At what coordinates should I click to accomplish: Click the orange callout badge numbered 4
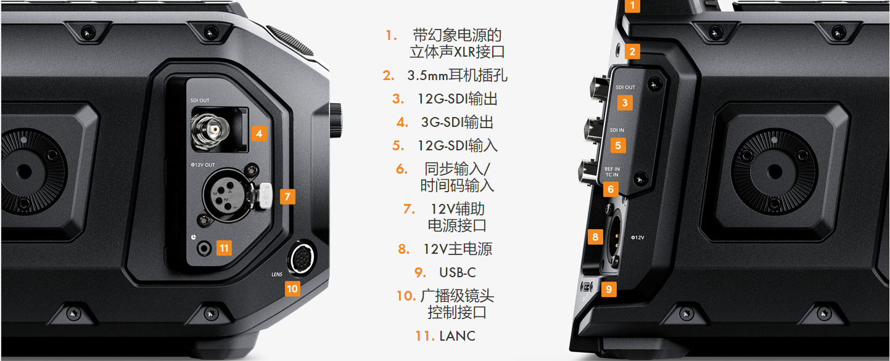[259, 134]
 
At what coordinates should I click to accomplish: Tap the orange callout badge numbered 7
[287, 197]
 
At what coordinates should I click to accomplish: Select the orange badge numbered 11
[224, 248]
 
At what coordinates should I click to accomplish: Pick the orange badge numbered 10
[292, 289]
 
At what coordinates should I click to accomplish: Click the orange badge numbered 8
[595, 237]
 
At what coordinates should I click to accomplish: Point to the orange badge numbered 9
[609, 289]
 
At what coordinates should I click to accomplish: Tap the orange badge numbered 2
[632, 52]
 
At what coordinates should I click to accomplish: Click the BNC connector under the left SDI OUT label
[210, 130]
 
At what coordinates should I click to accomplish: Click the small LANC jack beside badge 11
[204, 249]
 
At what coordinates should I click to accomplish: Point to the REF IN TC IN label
[612, 172]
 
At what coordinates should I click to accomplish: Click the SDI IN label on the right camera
[617, 130]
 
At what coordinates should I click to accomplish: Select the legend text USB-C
[457, 272]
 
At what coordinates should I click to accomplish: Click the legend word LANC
[457, 336]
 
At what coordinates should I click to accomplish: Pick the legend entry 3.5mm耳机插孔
[457, 75]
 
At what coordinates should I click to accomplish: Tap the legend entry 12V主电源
[457, 249]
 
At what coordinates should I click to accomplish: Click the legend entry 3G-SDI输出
[457, 122]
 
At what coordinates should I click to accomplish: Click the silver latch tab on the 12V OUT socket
[265, 195]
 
